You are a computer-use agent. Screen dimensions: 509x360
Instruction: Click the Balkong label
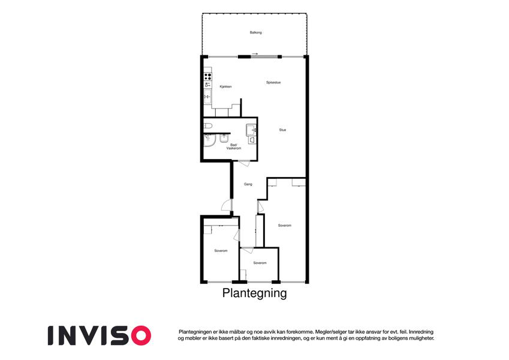pyautogui.click(x=255, y=32)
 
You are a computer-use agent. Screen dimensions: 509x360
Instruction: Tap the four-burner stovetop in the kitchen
pyautogui.click(x=207, y=77)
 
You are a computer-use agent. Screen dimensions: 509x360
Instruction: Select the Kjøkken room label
pyautogui.click(x=225, y=87)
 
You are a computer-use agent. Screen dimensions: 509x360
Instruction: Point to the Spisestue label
pyautogui.click(x=273, y=83)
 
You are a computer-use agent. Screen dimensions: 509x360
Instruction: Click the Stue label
pyautogui.click(x=282, y=130)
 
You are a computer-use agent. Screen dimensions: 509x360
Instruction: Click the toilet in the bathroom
pyautogui.click(x=208, y=126)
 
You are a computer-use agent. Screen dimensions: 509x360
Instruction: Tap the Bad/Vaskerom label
pyautogui.click(x=234, y=146)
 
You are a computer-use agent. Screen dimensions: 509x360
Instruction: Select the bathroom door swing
pyautogui.click(x=245, y=163)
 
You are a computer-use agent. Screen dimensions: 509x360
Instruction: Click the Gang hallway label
pyautogui.click(x=248, y=184)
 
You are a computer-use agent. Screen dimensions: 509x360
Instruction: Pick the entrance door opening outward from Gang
pyautogui.click(x=226, y=205)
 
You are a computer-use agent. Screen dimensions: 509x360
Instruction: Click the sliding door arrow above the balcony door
pyautogui.click(x=255, y=54)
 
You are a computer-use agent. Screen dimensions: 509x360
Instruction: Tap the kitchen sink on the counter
pyautogui.click(x=207, y=97)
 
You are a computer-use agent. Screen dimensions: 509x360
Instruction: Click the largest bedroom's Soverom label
pyautogui.click(x=285, y=226)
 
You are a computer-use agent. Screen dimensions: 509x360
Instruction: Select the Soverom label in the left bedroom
pyautogui.click(x=221, y=251)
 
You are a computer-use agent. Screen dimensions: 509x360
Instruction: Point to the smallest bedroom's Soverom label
pyautogui.click(x=260, y=263)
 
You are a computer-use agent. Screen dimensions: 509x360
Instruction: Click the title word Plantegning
pyautogui.click(x=254, y=293)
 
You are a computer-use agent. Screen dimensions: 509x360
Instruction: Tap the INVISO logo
pyautogui.click(x=100, y=335)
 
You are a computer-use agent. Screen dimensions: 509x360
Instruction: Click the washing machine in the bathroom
pyautogui.click(x=251, y=130)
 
